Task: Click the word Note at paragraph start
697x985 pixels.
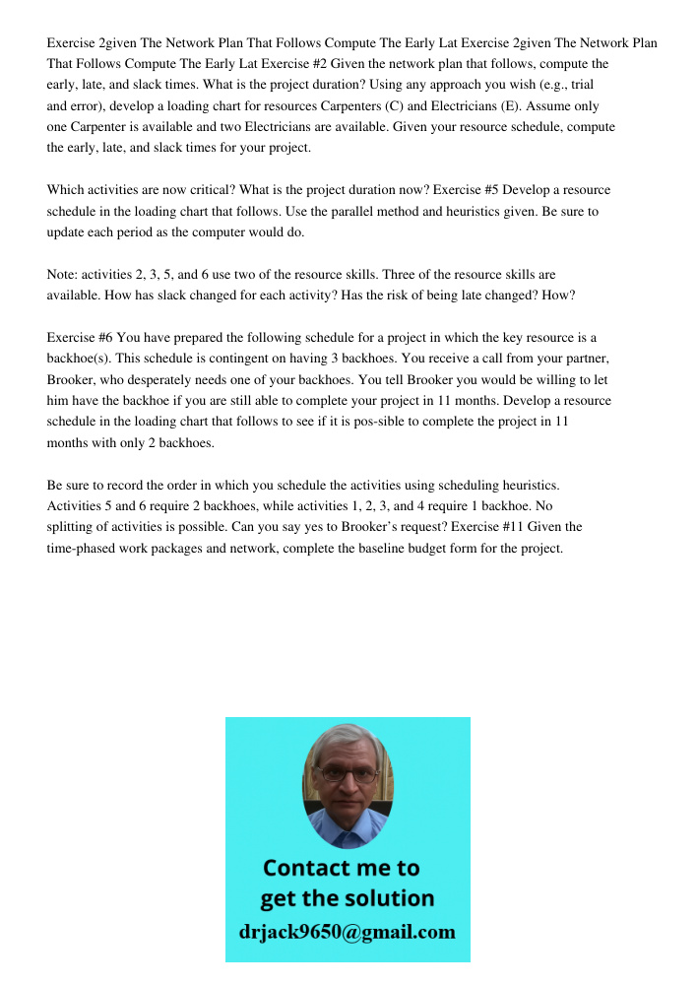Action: [x=62, y=274]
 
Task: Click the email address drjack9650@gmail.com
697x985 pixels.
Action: [x=347, y=931]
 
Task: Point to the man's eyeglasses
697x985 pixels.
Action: [x=348, y=774]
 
